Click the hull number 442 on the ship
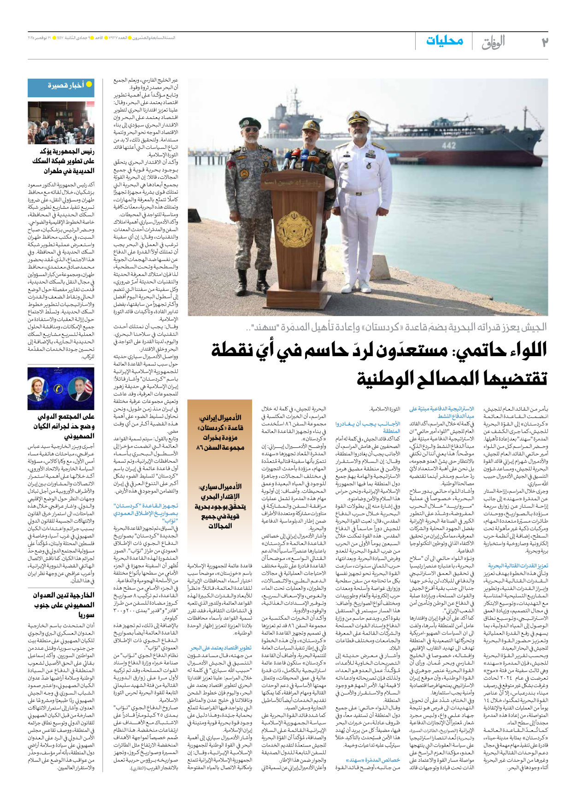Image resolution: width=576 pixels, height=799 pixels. pos(448,145)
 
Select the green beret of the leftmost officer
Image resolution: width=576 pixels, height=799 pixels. pos(250,122)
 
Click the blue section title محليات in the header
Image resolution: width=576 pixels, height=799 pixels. pos(444,41)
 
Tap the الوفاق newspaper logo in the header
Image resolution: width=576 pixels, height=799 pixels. pos(493,42)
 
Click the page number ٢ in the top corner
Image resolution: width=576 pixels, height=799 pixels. pos(545,42)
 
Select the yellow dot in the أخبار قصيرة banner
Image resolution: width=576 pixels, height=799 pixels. pos(89,84)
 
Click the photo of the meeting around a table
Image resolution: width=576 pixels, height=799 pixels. pos(61,123)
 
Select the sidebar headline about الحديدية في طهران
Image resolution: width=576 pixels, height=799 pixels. pos(63,161)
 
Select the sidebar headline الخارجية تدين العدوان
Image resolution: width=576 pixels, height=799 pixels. pos(63,605)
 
